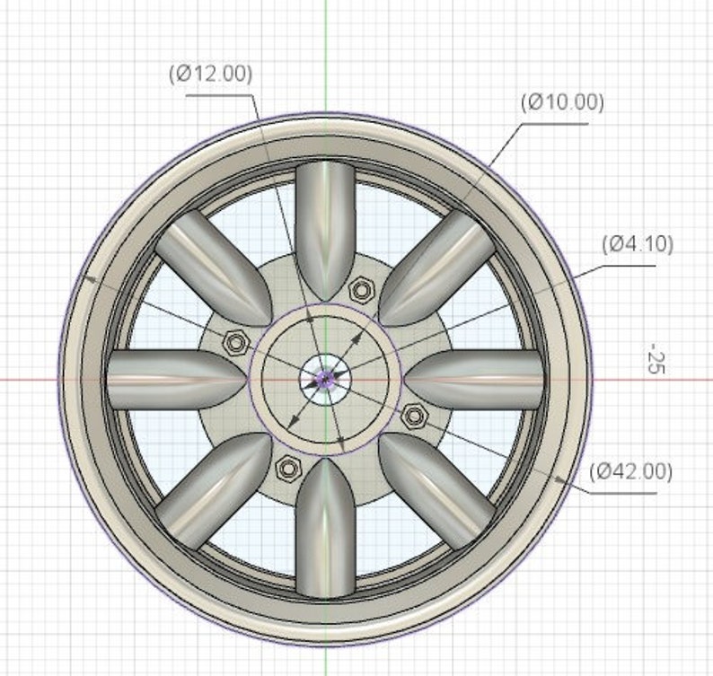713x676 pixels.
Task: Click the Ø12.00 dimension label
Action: [x=209, y=75]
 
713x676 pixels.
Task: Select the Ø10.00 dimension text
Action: [x=562, y=101]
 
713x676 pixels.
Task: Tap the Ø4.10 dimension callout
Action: [x=638, y=243]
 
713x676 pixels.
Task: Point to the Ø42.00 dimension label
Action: [x=630, y=471]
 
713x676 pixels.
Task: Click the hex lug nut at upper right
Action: [x=361, y=289]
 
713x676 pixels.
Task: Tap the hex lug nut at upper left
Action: [x=236, y=342]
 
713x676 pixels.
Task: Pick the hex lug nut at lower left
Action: [x=288, y=466]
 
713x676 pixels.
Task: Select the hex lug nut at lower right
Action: [x=414, y=414]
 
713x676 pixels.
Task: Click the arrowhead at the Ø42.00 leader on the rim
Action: [x=561, y=479]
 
